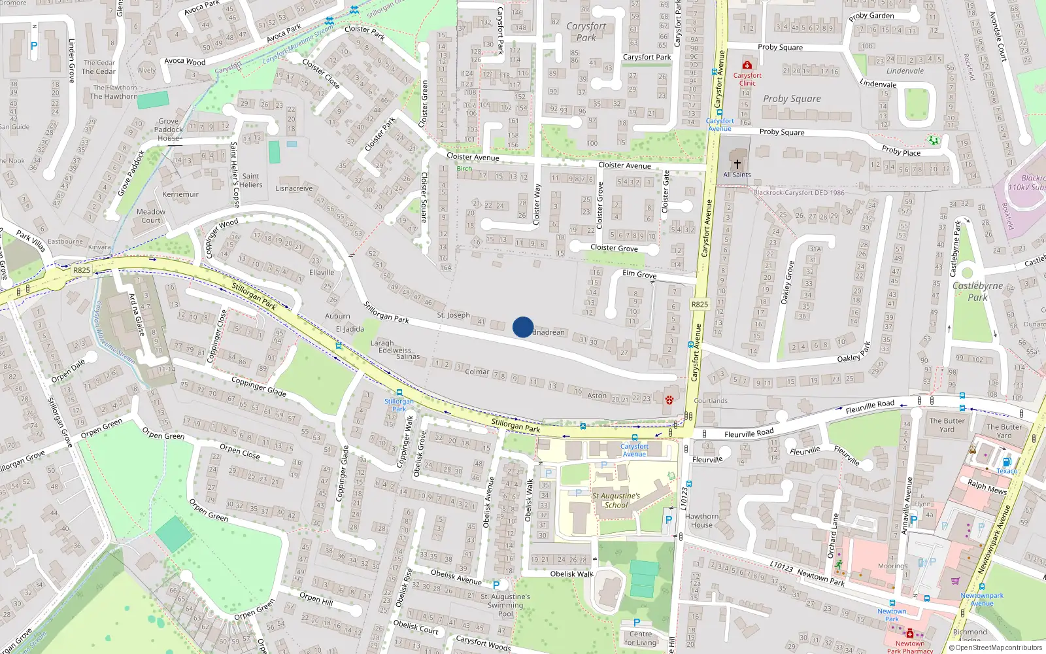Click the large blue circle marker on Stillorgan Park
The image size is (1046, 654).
(x=523, y=327)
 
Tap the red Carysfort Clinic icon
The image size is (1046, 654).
(x=747, y=65)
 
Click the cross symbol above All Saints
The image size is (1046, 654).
(x=737, y=164)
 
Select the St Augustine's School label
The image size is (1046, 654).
(x=616, y=500)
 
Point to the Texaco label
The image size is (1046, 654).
(x=1007, y=471)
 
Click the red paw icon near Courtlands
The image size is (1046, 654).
(x=669, y=400)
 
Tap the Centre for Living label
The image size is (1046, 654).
(x=640, y=638)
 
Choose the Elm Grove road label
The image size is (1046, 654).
(x=639, y=273)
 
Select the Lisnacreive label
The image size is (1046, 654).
(x=294, y=188)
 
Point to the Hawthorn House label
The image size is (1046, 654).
(x=701, y=521)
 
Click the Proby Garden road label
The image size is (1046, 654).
(x=871, y=16)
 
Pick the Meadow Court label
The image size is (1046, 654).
(x=151, y=216)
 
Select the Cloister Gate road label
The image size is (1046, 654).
(x=666, y=192)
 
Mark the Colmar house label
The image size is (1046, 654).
(x=477, y=371)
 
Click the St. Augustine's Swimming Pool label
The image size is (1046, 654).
(x=505, y=605)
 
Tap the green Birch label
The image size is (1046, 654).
(x=464, y=169)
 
